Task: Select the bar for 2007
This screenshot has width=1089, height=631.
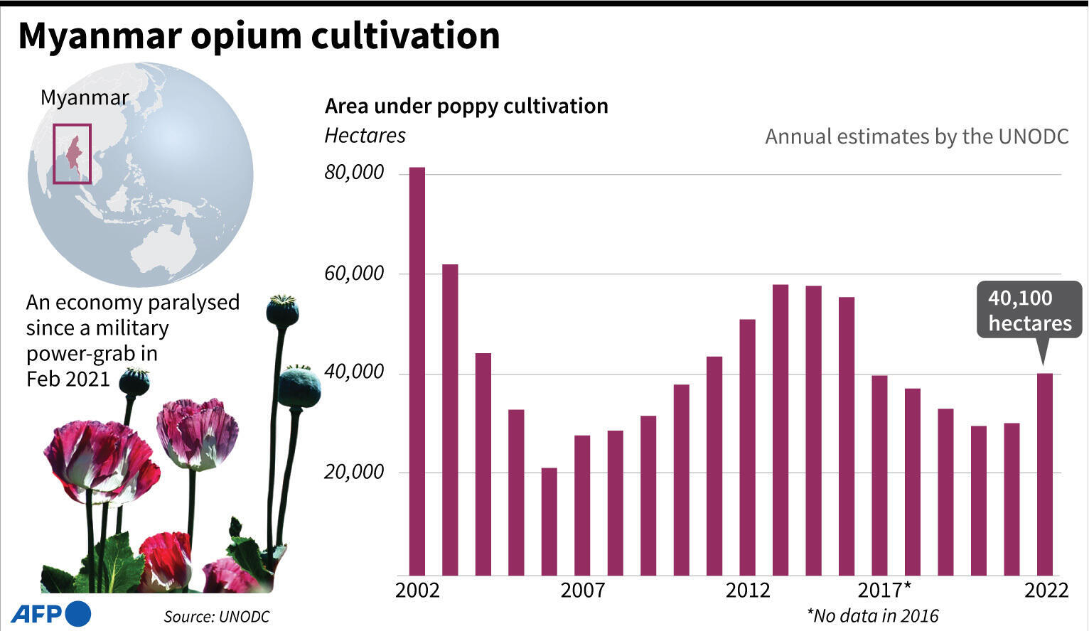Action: [582, 505]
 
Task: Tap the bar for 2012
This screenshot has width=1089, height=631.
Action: [747, 447]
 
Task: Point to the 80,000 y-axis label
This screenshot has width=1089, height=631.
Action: [354, 173]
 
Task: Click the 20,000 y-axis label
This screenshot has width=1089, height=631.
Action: [354, 472]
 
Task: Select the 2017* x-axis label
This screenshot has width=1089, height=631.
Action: [884, 590]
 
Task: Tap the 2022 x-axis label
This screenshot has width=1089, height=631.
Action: [1046, 590]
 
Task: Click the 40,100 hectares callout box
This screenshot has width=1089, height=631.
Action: [1029, 311]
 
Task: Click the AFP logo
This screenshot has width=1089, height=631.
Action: [51, 614]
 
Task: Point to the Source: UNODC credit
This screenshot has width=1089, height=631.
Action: [217, 616]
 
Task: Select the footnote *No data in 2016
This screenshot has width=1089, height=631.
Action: [872, 615]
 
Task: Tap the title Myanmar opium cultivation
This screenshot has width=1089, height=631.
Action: [259, 36]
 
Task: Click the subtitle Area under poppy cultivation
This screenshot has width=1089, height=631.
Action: [466, 106]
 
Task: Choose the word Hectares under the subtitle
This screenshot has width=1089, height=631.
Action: [365, 136]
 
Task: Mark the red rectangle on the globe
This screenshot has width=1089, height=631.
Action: [73, 154]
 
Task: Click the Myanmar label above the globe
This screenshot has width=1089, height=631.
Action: [85, 97]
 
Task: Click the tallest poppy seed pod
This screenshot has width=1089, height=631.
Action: [282, 311]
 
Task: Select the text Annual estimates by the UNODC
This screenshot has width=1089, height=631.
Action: [916, 136]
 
